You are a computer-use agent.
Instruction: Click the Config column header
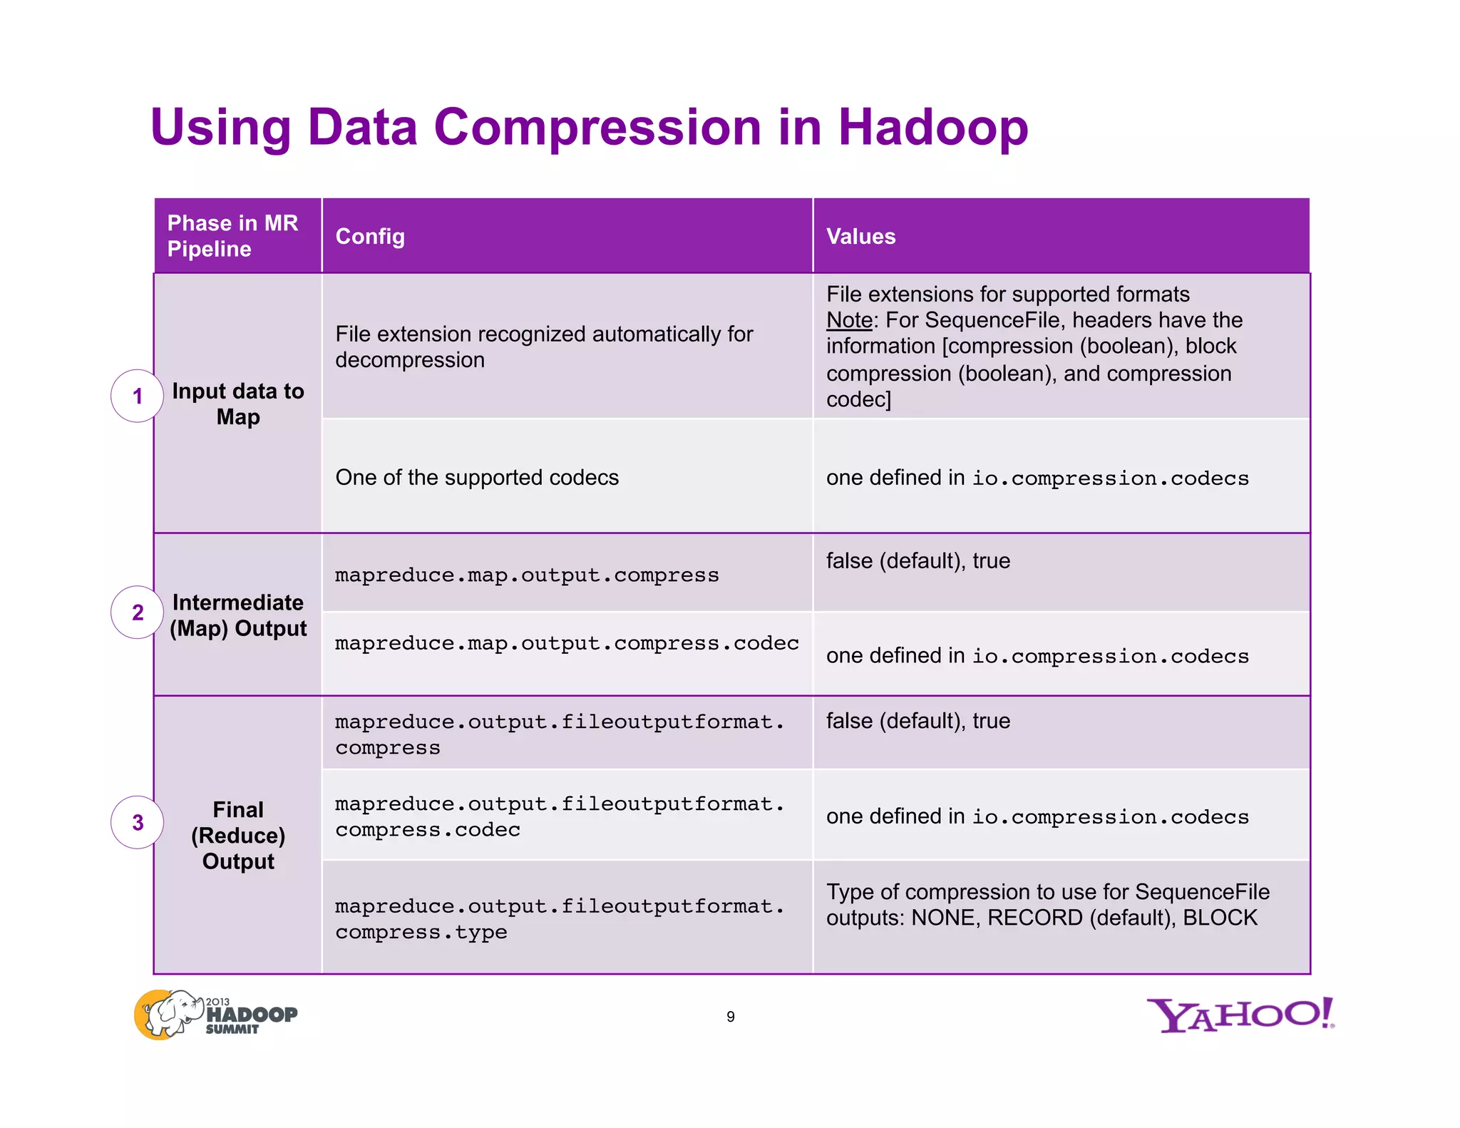[x=370, y=236]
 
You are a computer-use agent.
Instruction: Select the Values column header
[x=860, y=236]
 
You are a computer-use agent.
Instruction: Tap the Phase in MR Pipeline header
[x=232, y=236]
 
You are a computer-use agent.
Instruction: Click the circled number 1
[x=138, y=396]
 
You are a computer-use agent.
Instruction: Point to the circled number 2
[x=138, y=612]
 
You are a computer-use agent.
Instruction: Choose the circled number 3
[x=138, y=823]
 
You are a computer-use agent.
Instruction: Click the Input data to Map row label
[x=238, y=404]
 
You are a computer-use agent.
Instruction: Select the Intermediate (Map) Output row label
[x=238, y=615]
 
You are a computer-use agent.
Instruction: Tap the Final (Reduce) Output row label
[x=238, y=835]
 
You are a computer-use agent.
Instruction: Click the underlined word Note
[x=848, y=320]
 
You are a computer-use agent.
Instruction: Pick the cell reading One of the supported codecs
[x=477, y=477]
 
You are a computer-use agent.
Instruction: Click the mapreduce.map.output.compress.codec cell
[x=567, y=643]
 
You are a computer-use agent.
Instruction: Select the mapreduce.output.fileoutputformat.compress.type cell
[x=560, y=918]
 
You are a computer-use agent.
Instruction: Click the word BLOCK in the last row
[x=1220, y=918]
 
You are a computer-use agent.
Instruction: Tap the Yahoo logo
[x=1240, y=1015]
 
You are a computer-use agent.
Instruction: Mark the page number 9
[x=730, y=1017]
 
